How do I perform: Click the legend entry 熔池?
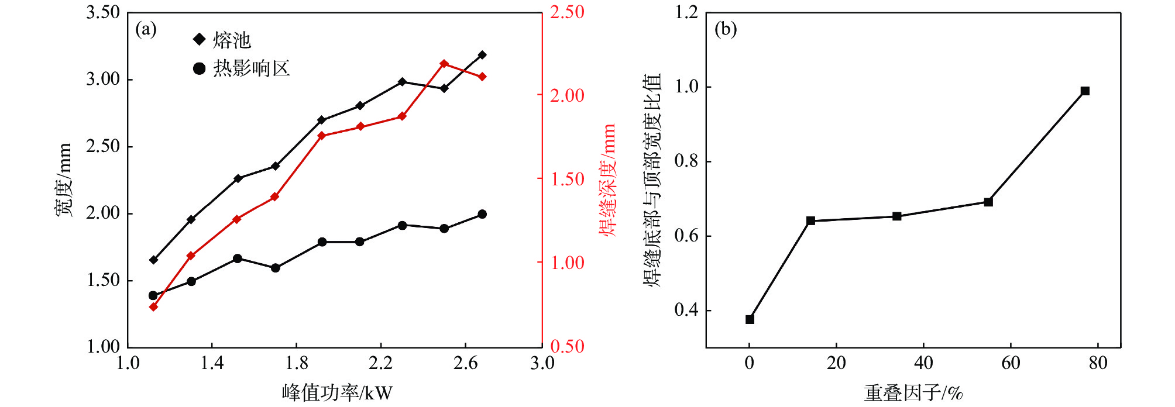tap(222, 40)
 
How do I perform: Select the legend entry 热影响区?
tap(241, 68)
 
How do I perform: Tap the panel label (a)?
tap(146, 29)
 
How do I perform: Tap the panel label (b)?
tap(726, 29)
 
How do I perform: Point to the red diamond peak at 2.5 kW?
tap(444, 64)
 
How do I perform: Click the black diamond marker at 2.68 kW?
tap(482, 55)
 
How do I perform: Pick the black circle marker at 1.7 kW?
tap(276, 268)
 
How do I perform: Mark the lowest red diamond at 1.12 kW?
tap(153, 306)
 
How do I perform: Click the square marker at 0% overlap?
tap(750, 319)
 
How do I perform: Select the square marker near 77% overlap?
tap(1085, 91)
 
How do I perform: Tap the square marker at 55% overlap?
tap(988, 202)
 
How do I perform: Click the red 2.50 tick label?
tap(567, 12)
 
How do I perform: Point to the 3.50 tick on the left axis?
tap(103, 12)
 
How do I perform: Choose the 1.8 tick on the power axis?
tap(296, 363)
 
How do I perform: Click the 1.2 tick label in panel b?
tap(686, 12)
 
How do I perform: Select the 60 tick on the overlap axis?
tap(1011, 363)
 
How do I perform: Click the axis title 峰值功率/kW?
tap(337, 392)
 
